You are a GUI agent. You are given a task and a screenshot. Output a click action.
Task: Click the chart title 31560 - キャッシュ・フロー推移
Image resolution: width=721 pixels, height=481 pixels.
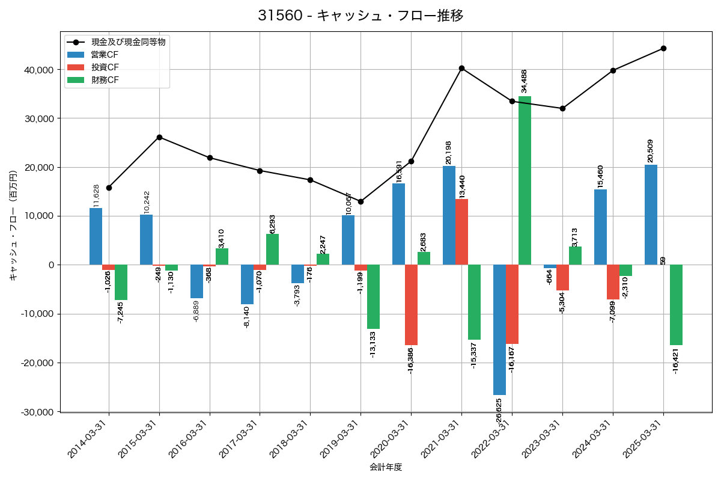pyautogui.click(x=360, y=16)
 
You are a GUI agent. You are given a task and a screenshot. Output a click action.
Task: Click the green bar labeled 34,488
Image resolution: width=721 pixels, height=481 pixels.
pyautogui.click(x=525, y=180)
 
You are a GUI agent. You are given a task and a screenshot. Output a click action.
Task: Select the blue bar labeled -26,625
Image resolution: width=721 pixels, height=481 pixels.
pyautogui.click(x=499, y=329)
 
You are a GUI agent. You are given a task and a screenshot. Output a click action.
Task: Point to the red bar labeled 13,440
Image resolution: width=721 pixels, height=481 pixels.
pyautogui.click(x=461, y=232)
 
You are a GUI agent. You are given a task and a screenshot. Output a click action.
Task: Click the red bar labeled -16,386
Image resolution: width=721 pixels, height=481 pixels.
pyautogui.click(x=411, y=305)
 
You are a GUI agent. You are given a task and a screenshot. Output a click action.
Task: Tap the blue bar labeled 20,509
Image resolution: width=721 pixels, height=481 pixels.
pyautogui.click(x=651, y=215)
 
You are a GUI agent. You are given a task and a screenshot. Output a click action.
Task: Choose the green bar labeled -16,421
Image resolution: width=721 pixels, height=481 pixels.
pyautogui.click(x=676, y=305)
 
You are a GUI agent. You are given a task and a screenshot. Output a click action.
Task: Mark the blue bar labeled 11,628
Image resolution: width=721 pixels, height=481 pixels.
pyautogui.click(x=96, y=236)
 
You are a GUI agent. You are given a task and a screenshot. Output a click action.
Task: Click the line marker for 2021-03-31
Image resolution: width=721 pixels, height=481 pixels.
pyautogui.click(x=461, y=68)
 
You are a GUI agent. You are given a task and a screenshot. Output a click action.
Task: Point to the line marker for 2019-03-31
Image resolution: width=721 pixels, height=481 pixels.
pyautogui.click(x=360, y=201)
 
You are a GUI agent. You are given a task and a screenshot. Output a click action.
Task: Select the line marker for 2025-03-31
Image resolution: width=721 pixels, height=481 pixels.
pyautogui.click(x=663, y=48)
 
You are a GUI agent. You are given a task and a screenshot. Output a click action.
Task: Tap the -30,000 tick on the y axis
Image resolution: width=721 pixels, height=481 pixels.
pyautogui.click(x=37, y=412)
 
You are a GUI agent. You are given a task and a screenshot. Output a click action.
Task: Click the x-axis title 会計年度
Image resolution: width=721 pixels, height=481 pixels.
pyautogui.click(x=385, y=467)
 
